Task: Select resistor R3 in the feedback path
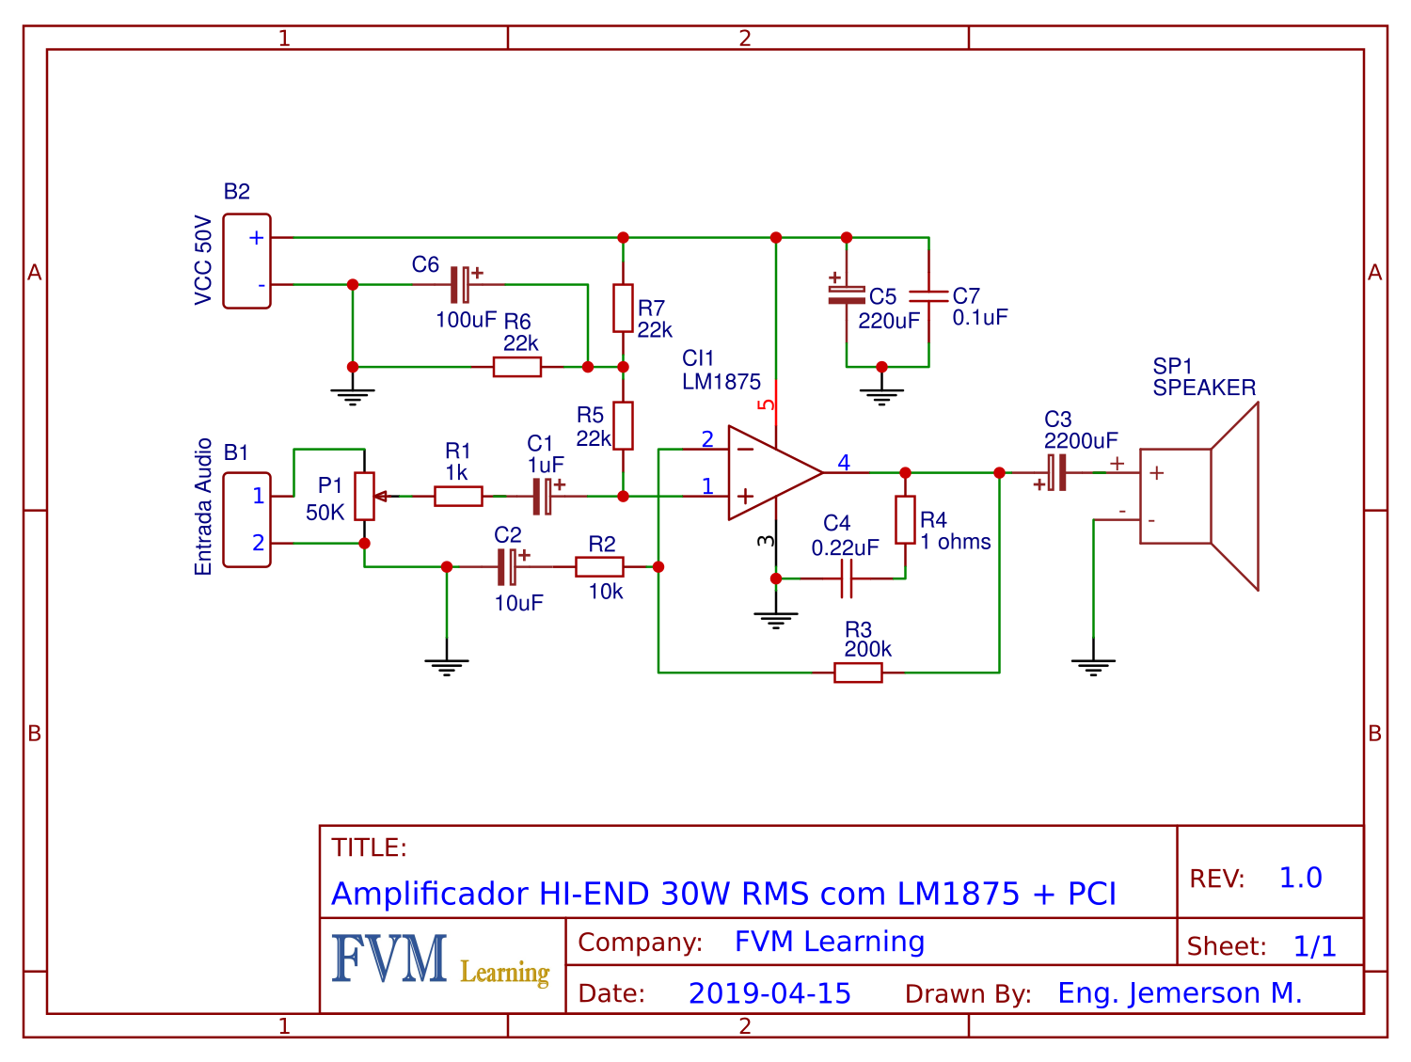click(858, 673)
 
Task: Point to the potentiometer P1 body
click(364, 496)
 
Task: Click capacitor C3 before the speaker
click(1056, 472)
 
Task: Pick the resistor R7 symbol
click(623, 308)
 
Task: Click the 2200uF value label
click(1081, 441)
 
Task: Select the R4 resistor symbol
click(905, 519)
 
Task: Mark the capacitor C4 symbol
click(846, 579)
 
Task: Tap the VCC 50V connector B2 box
click(246, 261)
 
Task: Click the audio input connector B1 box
click(246, 519)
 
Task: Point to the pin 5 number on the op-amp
click(768, 405)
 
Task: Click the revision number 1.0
click(1300, 878)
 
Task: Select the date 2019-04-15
click(769, 993)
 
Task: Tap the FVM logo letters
click(388, 959)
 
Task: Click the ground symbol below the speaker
click(1093, 666)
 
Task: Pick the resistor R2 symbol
click(599, 566)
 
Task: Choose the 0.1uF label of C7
click(980, 318)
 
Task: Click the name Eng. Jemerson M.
click(1180, 993)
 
